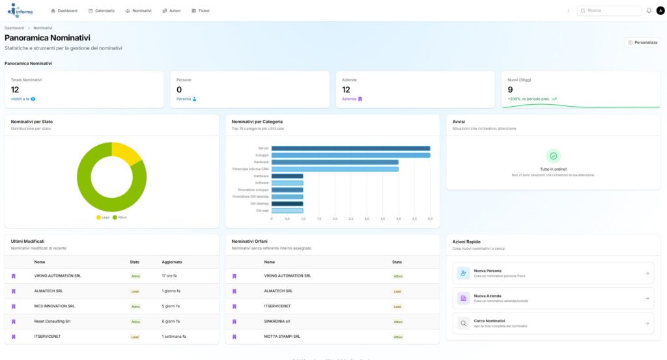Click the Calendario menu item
point(102,11)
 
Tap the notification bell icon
point(649,10)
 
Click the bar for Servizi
point(350,148)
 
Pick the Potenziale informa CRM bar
point(335,169)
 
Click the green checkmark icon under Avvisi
point(553,156)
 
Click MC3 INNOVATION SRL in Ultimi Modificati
point(55,306)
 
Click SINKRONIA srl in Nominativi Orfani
point(277,322)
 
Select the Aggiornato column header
point(172,262)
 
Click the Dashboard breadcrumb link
point(14,29)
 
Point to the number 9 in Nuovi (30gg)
point(511,90)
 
